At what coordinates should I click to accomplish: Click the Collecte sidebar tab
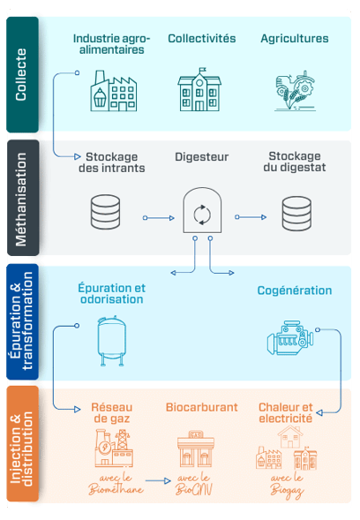pos(23,75)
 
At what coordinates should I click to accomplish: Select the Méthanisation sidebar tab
pos(23,198)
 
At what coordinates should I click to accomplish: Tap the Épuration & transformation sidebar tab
pos(23,321)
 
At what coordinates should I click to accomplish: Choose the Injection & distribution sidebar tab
pos(23,444)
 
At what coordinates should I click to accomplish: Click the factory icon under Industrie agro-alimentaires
pos(113,91)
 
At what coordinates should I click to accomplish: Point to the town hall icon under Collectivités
pos(199,89)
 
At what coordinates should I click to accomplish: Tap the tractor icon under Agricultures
pos(295,90)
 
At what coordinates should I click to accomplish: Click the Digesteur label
pos(201,157)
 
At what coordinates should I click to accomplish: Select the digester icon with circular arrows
pos(202,210)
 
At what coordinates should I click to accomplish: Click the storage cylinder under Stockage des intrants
pos(105,212)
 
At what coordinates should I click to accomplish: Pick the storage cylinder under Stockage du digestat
pos(296,214)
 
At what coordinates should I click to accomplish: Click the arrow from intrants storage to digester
pos(159,218)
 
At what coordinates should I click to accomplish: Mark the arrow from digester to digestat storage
pos(251,217)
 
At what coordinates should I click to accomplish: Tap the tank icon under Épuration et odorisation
pos(112,341)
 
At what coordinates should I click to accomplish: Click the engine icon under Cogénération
pos(290,337)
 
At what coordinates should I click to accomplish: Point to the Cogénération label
pos(295,290)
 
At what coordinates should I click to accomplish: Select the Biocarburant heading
pos(201,407)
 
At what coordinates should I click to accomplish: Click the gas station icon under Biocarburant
pos(196,448)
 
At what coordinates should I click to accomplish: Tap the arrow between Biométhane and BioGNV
pos(158,480)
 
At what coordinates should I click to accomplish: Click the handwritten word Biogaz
pos(287,491)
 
